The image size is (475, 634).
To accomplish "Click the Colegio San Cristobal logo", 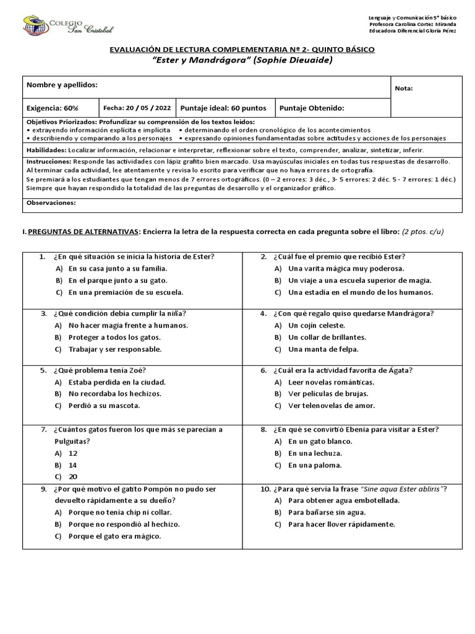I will tap(68, 25).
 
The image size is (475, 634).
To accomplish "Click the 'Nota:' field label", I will tap(403, 89).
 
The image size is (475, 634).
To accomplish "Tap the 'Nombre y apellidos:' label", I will tap(62, 85).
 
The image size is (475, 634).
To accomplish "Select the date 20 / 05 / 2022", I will tap(137, 108).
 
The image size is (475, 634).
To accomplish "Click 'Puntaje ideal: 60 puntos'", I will tap(223, 108).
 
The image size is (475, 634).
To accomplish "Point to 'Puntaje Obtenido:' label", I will tap(312, 108).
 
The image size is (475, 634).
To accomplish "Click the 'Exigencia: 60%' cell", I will tap(53, 108).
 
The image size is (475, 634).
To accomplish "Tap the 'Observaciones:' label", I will tap(51, 202).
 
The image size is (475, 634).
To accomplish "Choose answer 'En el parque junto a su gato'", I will tap(118, 280).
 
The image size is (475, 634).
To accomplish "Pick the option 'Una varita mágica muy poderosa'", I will tap(346, 269).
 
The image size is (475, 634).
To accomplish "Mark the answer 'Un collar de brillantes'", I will tap(327, 337).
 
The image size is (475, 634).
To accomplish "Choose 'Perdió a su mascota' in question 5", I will tap(104, 406).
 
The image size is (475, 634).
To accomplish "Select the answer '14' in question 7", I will tap(73, 464).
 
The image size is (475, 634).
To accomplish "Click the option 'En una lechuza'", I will tap(315, 453).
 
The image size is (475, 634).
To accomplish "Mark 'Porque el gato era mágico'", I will tap(114, 536).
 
